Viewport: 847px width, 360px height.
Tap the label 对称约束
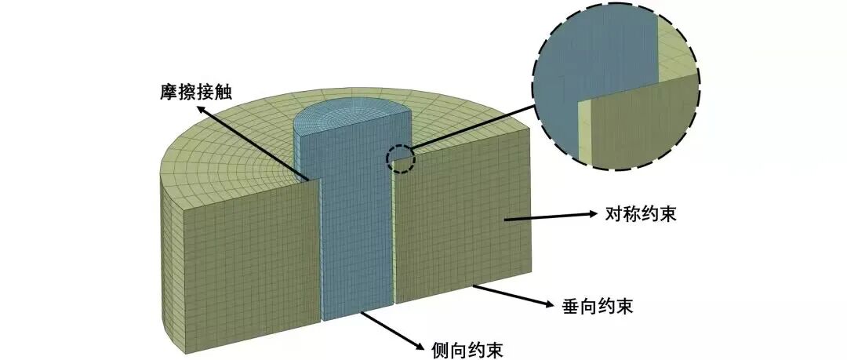click(x=640, y=212)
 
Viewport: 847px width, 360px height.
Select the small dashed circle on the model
click(x=401, y=158)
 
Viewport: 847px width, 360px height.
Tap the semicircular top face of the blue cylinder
click(x=353, y=118)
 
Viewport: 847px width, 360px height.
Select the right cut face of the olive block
click(x=463, y=227)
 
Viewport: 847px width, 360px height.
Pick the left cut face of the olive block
click(x=251, y=251)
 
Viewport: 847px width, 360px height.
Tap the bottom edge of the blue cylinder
click(x=357, y=318)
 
